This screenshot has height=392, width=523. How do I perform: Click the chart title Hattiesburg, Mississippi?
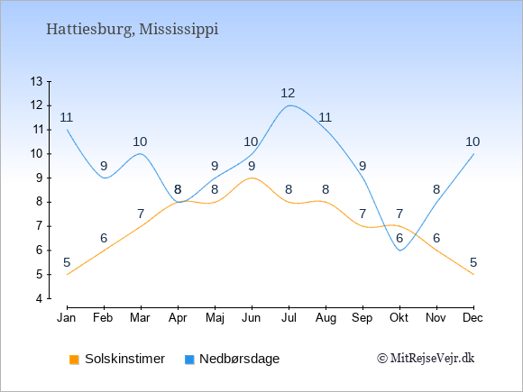point(132,30)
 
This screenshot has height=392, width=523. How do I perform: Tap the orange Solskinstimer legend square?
point(74,360)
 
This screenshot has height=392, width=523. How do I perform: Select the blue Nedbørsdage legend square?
point(189,360)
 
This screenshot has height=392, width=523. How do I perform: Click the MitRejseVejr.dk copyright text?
point(426,359)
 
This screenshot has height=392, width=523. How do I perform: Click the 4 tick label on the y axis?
point(40,298)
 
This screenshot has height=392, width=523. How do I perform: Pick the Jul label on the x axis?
point(289,318)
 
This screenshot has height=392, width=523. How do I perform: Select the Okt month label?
point(399,318)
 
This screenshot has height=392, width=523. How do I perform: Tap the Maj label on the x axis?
point(215,318)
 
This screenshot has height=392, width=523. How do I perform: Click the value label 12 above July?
point(288,93)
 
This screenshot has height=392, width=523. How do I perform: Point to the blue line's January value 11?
point(67,117)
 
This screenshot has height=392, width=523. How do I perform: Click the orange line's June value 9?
point(252,166)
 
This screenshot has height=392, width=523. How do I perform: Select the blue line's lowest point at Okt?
point(400,251)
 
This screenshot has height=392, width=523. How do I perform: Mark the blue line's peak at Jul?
point(289,105)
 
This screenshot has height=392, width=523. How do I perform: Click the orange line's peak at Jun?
point(252,178)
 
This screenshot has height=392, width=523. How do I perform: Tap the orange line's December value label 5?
point(473,262)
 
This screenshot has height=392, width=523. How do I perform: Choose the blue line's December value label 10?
point(473,141)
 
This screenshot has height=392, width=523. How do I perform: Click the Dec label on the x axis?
point(473,318)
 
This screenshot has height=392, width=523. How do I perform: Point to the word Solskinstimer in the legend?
point(124,359)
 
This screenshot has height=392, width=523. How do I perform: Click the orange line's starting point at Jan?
point(68,274)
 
